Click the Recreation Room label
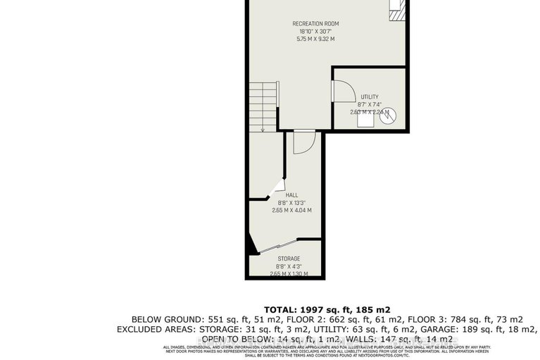coord(316,24)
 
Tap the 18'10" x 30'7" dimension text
coord(316,32)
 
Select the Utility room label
coord(370,97)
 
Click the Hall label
coord(291,194)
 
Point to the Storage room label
coord(288,259)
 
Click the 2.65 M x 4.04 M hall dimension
coord(291,210)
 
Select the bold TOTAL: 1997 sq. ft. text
coord(327,309)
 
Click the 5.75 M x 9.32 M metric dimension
coord(316,39)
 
